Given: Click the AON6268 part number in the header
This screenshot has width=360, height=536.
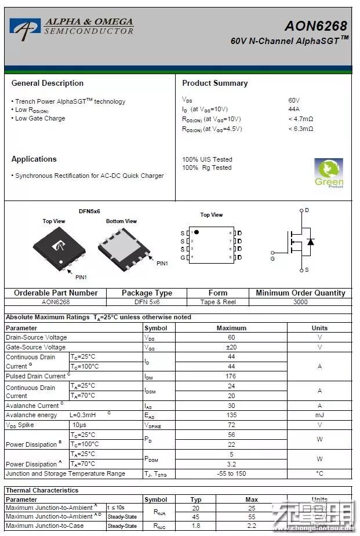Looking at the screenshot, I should [x=315, y=26].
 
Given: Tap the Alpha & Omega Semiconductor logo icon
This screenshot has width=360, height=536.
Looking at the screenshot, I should [x=25, y=28].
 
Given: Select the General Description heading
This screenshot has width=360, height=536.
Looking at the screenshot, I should [x=48, y=83].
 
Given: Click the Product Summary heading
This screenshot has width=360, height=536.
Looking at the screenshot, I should [x=214, y=83].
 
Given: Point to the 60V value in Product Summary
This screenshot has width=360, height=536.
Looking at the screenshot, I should [x=294, y=100].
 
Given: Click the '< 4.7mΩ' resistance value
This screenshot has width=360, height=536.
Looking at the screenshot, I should [x=300, y=119].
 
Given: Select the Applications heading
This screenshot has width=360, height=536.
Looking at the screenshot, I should [x=34, y=159].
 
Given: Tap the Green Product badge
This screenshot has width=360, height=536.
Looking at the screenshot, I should [x=329, y=173].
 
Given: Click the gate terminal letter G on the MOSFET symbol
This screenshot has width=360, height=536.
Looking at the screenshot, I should [x=272, y=258].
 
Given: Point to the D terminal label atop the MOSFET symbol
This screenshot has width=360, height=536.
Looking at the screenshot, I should [x=307, y=210].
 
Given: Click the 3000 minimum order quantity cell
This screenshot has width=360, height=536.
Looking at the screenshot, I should [x=300, y=302].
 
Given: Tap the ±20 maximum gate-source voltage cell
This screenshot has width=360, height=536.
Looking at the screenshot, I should [x=231, y=347].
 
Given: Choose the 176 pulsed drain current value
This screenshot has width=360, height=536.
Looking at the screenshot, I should [x=231, y=376].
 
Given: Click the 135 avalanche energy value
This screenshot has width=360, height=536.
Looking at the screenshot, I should [x=231, y=415].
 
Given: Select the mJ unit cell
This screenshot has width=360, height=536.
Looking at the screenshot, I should [x=319, y=415].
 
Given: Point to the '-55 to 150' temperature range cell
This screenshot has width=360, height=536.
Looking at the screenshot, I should [x=231, y=473].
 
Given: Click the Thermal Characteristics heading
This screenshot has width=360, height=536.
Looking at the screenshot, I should [x=42, y=490].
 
